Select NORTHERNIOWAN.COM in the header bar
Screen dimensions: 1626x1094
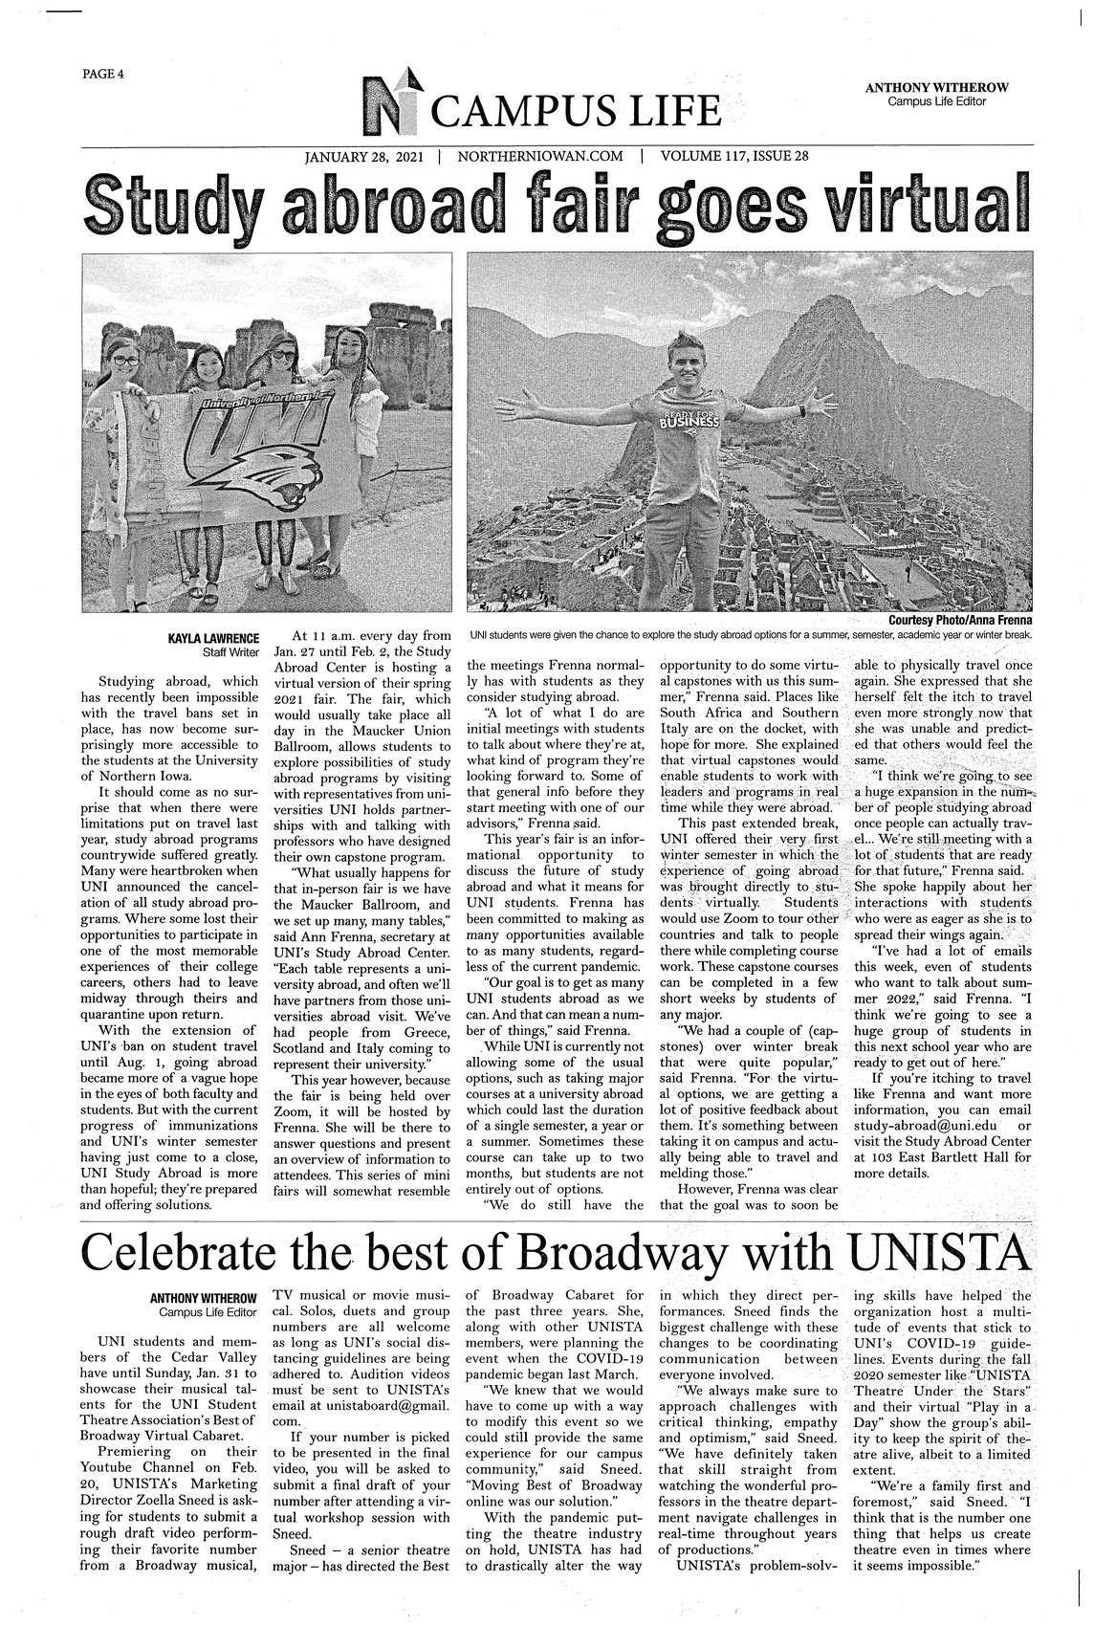click(x=540, y=155)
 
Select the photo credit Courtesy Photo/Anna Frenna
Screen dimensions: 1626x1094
click(x=959, y=620)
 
